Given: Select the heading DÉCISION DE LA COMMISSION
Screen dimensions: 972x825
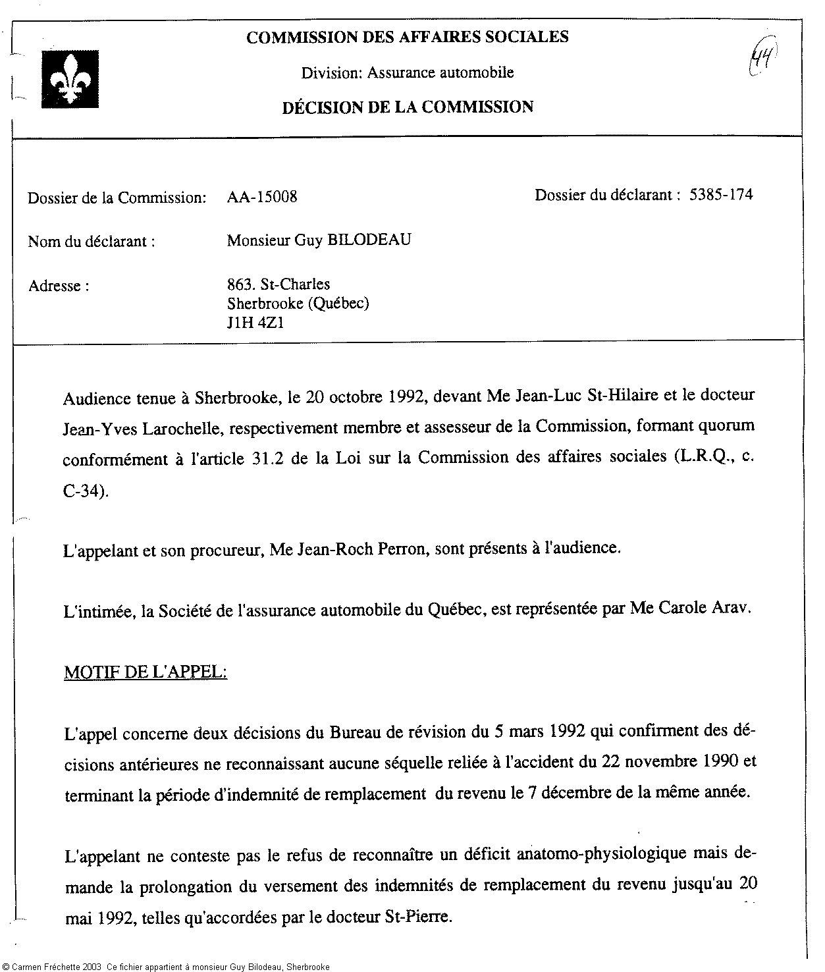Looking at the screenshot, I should (408, 107).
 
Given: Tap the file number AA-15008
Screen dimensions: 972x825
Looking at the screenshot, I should (261, 197).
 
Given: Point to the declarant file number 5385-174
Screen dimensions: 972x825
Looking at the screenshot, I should (721, 194).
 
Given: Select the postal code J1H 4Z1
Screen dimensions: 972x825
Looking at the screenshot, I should (255, 323).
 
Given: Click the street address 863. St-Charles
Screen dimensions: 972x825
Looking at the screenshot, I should (279, 284).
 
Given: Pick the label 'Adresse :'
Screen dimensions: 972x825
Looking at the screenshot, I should (59, 286).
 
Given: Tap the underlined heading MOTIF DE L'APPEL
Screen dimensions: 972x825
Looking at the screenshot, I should (146, 672).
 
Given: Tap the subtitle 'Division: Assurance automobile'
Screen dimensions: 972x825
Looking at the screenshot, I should (408, 72).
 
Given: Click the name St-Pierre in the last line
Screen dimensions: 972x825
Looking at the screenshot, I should (418, 917).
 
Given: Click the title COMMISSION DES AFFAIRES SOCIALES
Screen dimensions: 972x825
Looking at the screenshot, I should (408, 37).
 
